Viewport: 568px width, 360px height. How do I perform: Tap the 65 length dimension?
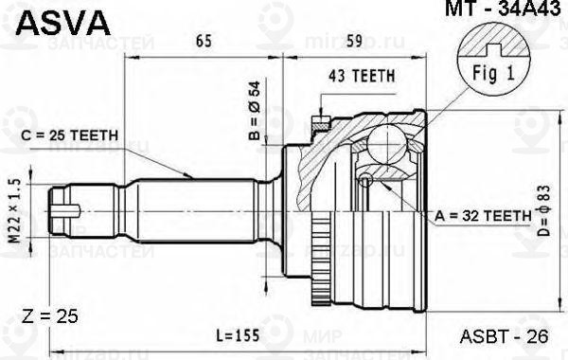[x=204, y=42]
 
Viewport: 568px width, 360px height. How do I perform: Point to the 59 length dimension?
[x=352, y=42]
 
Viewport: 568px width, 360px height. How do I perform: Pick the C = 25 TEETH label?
[x=68, y=135]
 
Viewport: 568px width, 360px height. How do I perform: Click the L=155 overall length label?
[x=238, y=336]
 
